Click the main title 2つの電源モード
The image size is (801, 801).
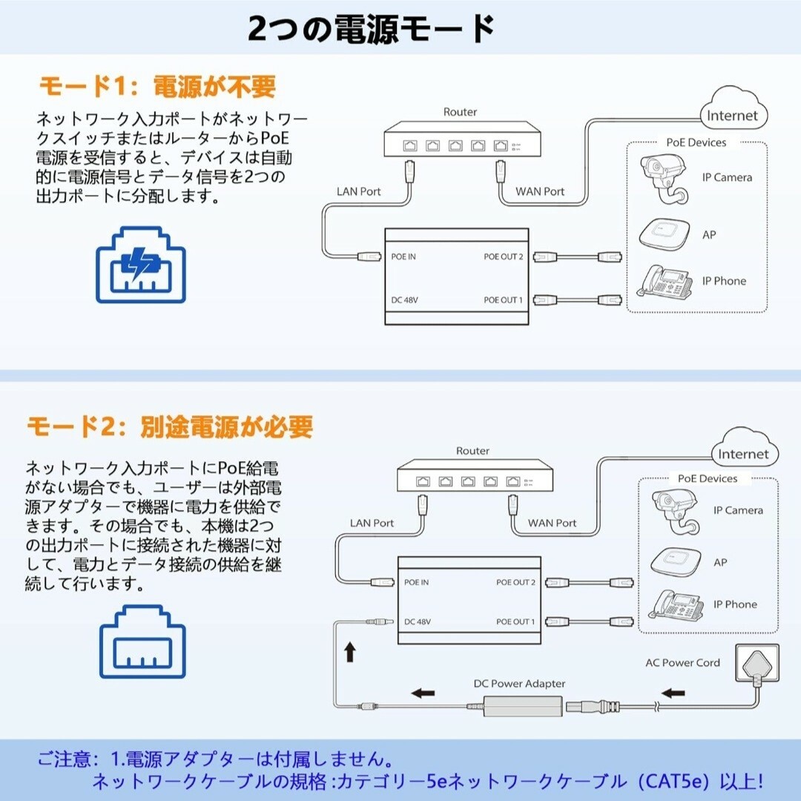pyautogui.click(x=371, y=29)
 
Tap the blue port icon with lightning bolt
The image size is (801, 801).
pyautogui.click(x=140, y=265)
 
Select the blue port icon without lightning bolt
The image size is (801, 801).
pyautogui.click(x=142, y=642)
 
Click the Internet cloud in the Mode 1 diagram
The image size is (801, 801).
pyautogui.click(x=734, y=109)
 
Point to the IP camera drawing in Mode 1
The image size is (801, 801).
pyautogui.click(x=664, y=179)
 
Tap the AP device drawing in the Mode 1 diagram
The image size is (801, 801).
pyautogui.click(x=664, y=235)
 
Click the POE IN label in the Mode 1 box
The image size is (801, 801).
pyautogui.click(x=403, y=257)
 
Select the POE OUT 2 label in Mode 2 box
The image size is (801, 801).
pyautogui.click(x=516, y=582)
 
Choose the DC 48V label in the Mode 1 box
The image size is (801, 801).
pyautogui.click(x=405, y=300)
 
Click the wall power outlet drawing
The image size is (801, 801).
pyautogui.click(x=757, y=664)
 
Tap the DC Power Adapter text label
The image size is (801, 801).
pyautogui.click(x=519, y=684)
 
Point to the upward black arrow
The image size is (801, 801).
pyautogui.click(x=350, y=652)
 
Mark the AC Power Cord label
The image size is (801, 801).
pyautogui.click(x=682, y=662)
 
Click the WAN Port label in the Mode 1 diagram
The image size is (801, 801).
pyautogui.click(x=540, y=191)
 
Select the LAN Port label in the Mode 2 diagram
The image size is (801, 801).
pyautogui.click(x=372, y=523)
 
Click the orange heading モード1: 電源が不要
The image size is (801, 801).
pyautogui.click(x=157, y=86)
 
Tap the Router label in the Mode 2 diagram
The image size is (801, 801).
pyautogui.click(x=472, y=451)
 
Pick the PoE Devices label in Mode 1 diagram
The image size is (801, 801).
pyautogui.click(x=696, y=142)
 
